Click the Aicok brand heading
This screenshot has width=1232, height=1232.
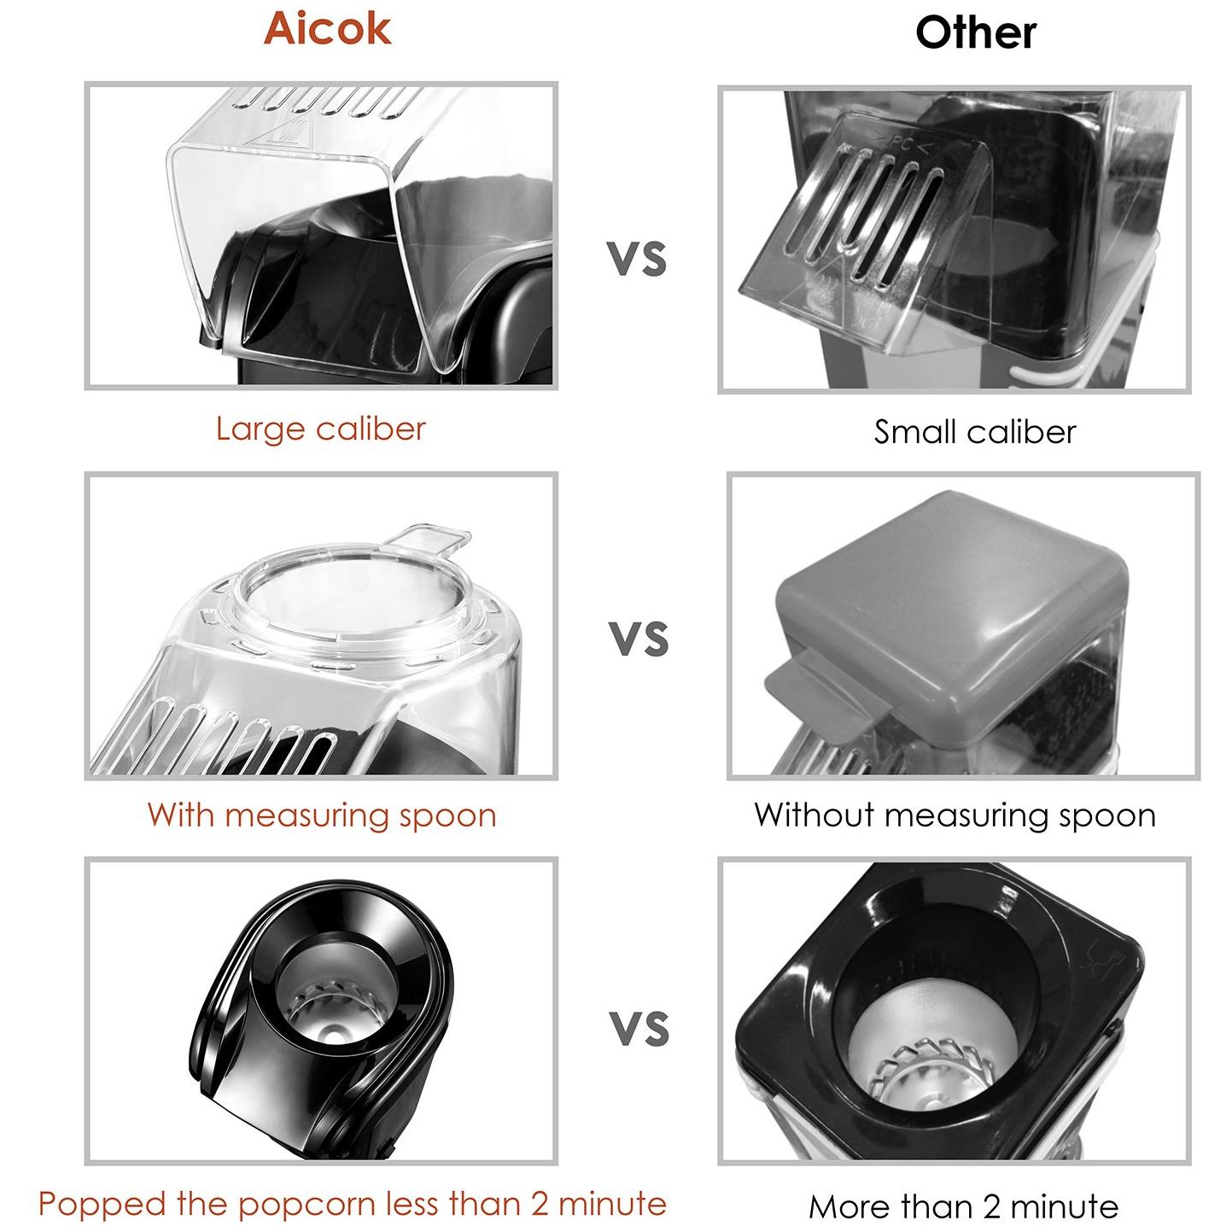tap(327, 29)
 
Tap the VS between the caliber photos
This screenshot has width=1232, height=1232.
tap(636, 259)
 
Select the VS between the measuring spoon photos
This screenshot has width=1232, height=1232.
tap(639, 638)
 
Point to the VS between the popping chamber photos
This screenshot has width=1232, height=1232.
tap(639, 1028)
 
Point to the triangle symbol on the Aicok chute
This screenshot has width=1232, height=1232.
tap(279, 134)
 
